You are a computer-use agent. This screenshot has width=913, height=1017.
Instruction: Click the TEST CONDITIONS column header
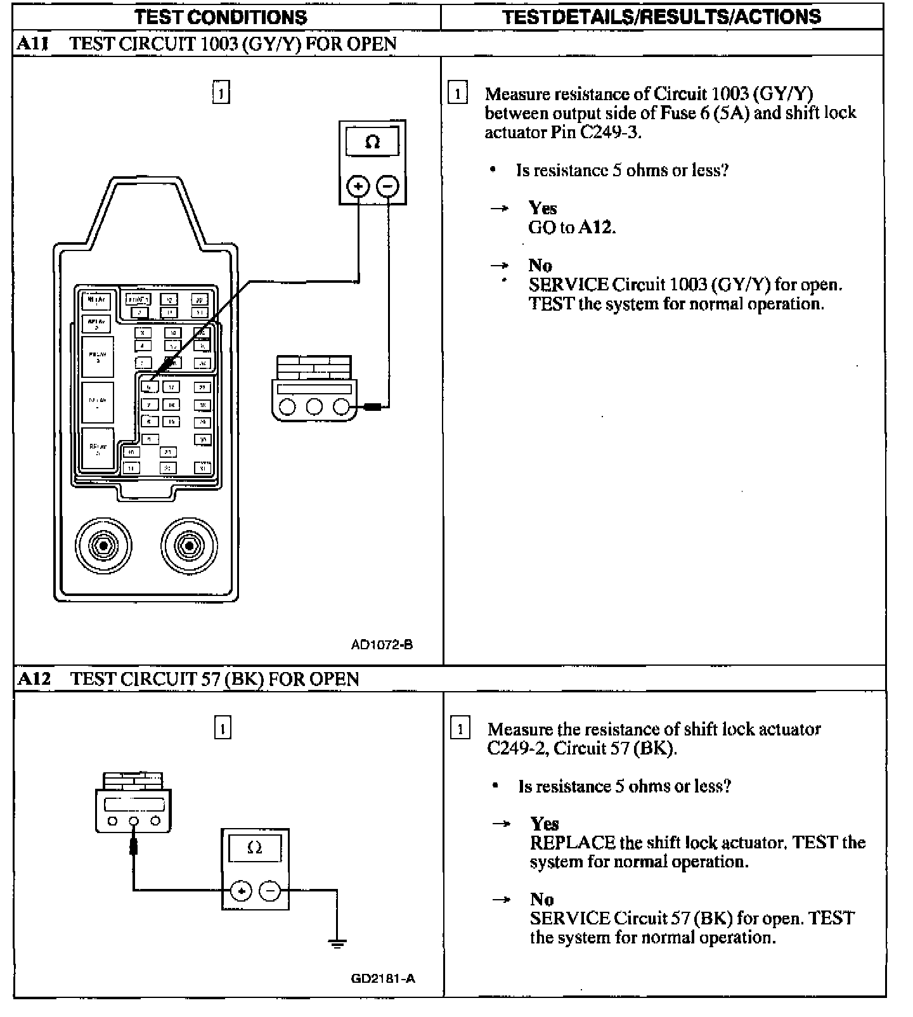click(x=221, y=16)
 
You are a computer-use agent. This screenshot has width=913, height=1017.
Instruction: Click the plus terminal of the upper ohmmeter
click(x=358, y=186)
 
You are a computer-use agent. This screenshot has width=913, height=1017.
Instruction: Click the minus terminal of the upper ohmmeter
click(x=388, y=186)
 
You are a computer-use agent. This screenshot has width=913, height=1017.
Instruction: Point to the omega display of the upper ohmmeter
click(x=373, y=142)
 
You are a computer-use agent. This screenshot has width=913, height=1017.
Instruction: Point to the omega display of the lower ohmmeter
click(x=255, y=848)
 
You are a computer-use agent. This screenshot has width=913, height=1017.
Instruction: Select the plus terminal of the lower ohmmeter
click(x=241, y=891)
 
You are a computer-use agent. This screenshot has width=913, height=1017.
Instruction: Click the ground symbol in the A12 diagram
click(x=337, y=942)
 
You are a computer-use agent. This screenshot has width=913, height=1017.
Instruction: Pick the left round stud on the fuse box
click(x=103, y=545)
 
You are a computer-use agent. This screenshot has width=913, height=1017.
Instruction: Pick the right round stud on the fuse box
click(x=188, y=545)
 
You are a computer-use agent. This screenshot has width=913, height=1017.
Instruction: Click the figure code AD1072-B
click(x=382, y=645)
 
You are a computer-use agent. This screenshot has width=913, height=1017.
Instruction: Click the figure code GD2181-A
click(x=383, y=978)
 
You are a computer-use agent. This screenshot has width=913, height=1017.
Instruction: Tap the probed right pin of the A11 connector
click(x=341, y=406)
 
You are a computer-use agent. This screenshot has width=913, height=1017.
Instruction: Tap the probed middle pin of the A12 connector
click(x=134, y=821)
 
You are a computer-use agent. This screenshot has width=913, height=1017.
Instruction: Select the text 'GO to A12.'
click(x=572, y=227)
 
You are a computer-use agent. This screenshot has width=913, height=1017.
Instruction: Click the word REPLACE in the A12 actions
click(x=573, y=843)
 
